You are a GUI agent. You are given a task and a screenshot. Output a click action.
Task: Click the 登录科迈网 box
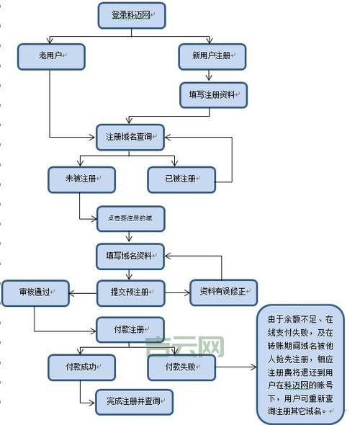tap(130, 14)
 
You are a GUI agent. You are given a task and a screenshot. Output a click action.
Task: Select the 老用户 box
tap(51, 57)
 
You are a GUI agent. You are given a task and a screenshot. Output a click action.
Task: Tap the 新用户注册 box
tap(212, 57)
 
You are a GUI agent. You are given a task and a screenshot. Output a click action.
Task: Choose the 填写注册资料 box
tap(212, 94)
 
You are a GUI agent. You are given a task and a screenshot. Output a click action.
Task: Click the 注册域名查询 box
tap(130, 137)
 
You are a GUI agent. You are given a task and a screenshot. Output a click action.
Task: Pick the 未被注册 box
tap(81, 179)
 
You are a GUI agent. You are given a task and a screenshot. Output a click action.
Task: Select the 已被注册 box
tap(181, 179)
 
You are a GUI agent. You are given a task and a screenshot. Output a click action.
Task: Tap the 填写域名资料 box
tap(130, 254)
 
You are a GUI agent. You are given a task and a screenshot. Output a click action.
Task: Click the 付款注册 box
tap(130, 330)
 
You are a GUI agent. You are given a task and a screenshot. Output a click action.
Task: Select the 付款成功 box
tap(81, 367)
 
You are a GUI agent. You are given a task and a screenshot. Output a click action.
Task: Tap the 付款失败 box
tap(181, 367)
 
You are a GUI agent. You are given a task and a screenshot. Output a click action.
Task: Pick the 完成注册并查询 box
tap(135, 401)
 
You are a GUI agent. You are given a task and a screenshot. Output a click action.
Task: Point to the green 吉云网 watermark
tap(184, 349)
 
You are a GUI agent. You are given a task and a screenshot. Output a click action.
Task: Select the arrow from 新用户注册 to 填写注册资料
tap(212, 76)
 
